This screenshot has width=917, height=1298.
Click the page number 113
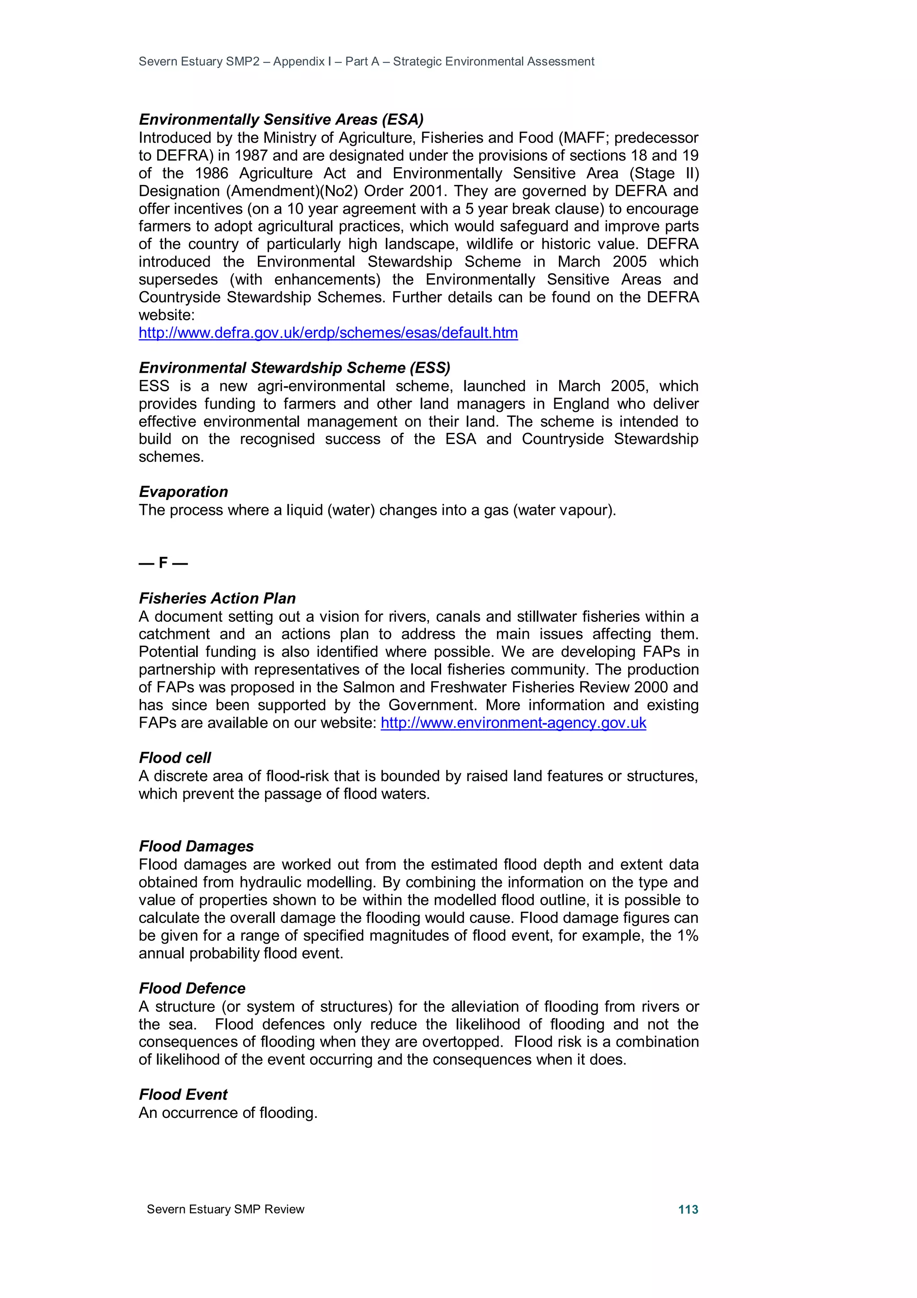pos(688,1209)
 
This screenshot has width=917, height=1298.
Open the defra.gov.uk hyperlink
pos(328,333)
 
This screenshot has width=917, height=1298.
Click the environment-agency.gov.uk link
pos(513,723)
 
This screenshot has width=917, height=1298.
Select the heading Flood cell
pos(175,758)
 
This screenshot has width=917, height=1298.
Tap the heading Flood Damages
pos(196,846)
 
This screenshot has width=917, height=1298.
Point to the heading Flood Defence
pos(192,988)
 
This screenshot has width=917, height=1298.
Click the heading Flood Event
pos(183,1095)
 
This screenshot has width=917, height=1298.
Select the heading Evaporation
pos(184,492)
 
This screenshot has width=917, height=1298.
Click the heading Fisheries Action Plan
pos(217,598)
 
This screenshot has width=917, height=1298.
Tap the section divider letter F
pos(163,563)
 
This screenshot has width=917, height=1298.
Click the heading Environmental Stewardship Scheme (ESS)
pos(294,368)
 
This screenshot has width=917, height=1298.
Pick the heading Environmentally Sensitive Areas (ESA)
pos(281,120)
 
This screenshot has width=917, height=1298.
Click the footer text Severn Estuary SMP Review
pos(225,1209)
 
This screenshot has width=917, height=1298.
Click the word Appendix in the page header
pos(299,62)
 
